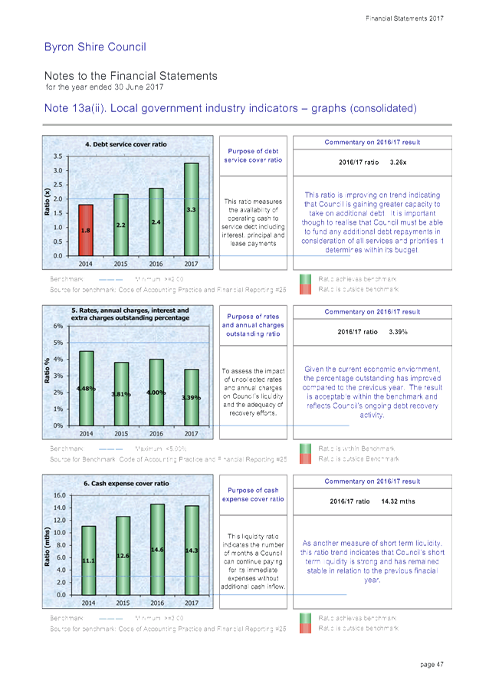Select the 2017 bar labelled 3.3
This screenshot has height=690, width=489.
pyautogui.click(x=192, y=209)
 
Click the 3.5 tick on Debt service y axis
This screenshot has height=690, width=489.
pyautogui.click(x=59, y=156)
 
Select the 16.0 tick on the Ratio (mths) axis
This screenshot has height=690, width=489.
pyautogui.click(x=57, y=495)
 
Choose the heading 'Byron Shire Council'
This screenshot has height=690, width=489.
pyautogui.click(x=95, y=48)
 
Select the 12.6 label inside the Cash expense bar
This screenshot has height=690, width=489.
pyautogui.click(x=123, y=555)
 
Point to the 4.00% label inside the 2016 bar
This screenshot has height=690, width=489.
pyautogui.click(x=156, y=393)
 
